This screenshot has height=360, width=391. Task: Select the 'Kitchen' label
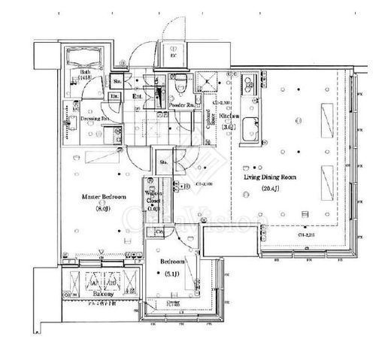230,116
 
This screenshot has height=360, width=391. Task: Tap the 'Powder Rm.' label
183,105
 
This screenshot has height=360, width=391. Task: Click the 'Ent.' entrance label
138,95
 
